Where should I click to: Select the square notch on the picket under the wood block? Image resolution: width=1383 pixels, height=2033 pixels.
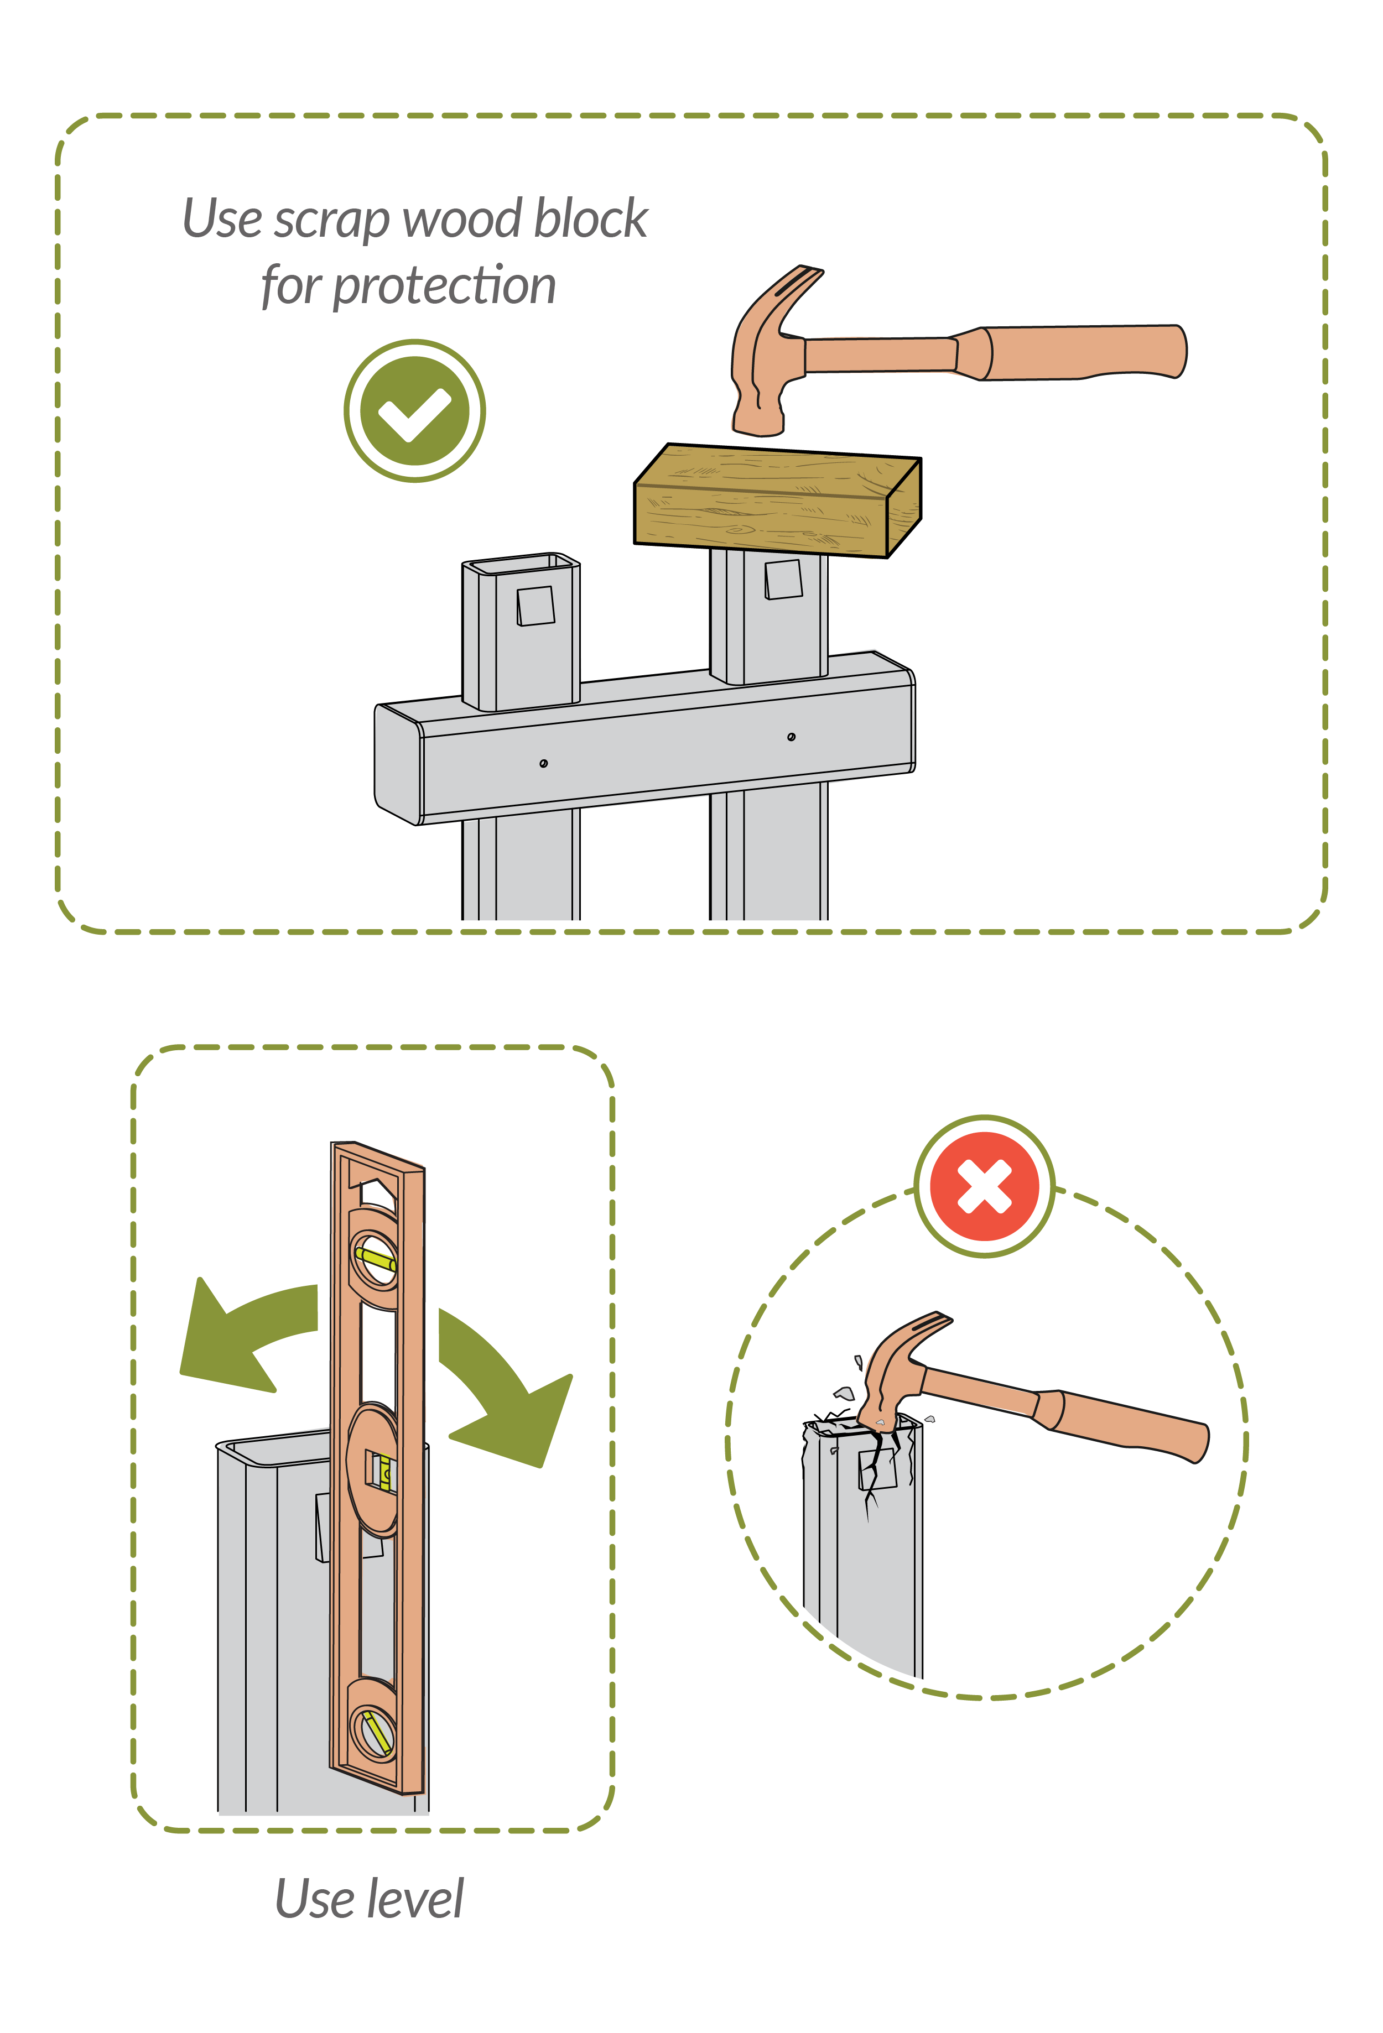point(784,579)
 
